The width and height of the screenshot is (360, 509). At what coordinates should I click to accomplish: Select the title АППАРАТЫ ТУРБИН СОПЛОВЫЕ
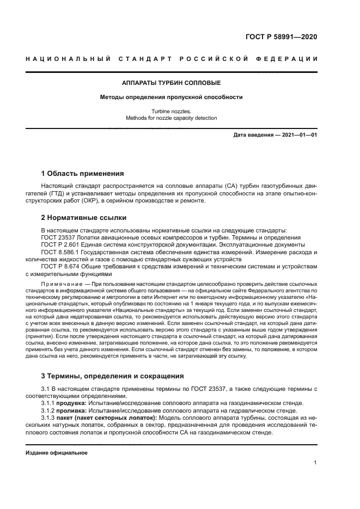tap(171, 83)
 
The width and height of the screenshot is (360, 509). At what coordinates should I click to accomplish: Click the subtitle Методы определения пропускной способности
tap(171, 97)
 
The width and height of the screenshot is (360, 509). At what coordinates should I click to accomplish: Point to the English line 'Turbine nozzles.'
tap(171, 111)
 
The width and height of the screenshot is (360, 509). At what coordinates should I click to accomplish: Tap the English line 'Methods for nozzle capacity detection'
tap(171, 118)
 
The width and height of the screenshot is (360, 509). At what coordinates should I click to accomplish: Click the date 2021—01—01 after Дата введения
tap(298, 134)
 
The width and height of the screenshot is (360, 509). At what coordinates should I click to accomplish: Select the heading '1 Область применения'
tap(82, 174)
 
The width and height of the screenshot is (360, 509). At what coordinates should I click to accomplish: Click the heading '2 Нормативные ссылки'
tap(80, 217)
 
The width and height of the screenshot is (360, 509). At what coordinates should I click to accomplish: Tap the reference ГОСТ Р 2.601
tap(59, 245)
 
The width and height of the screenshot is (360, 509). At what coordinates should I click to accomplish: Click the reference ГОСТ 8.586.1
tap(59, 253)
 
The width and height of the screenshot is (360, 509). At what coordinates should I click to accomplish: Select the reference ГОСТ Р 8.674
tap(59, 267)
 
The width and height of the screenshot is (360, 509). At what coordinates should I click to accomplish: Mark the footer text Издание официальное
tap(57, 452)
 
